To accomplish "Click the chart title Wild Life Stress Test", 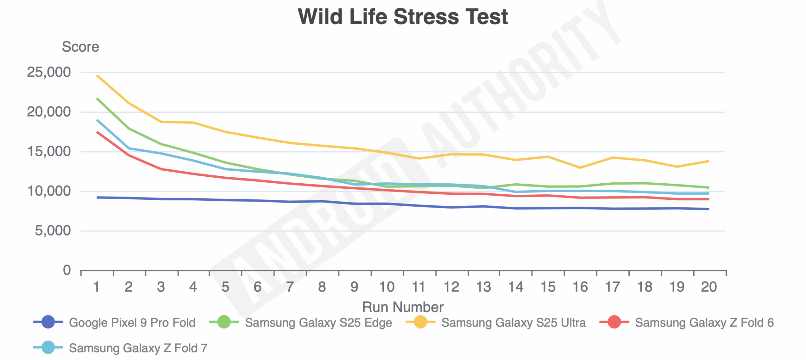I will coord(403,17).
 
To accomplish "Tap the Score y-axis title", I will coord(80,47).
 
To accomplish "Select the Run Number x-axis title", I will coord(403,307).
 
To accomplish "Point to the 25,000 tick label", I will coord(49,72).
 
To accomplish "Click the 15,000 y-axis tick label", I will coord(49,151).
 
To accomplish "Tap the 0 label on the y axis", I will coord(67,270).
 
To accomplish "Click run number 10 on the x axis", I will coord(386,287).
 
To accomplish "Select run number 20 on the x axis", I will coord(709,287).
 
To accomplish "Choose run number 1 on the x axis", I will coord(97,287).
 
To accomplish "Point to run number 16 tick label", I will coord(580,287).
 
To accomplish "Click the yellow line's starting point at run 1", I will coord(97,76).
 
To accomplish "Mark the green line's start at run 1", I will coord(97,99).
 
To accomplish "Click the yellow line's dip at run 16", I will coord(580,168).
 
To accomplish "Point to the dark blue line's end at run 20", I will coord(708,209).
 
